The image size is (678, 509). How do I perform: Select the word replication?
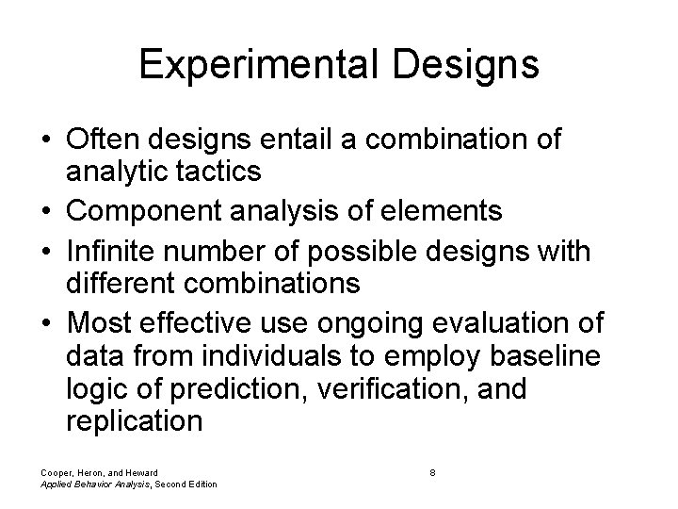[x=135, y=420]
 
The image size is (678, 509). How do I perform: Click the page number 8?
[x=431, y=471]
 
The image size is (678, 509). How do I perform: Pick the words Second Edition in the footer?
[x=187, y=484]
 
